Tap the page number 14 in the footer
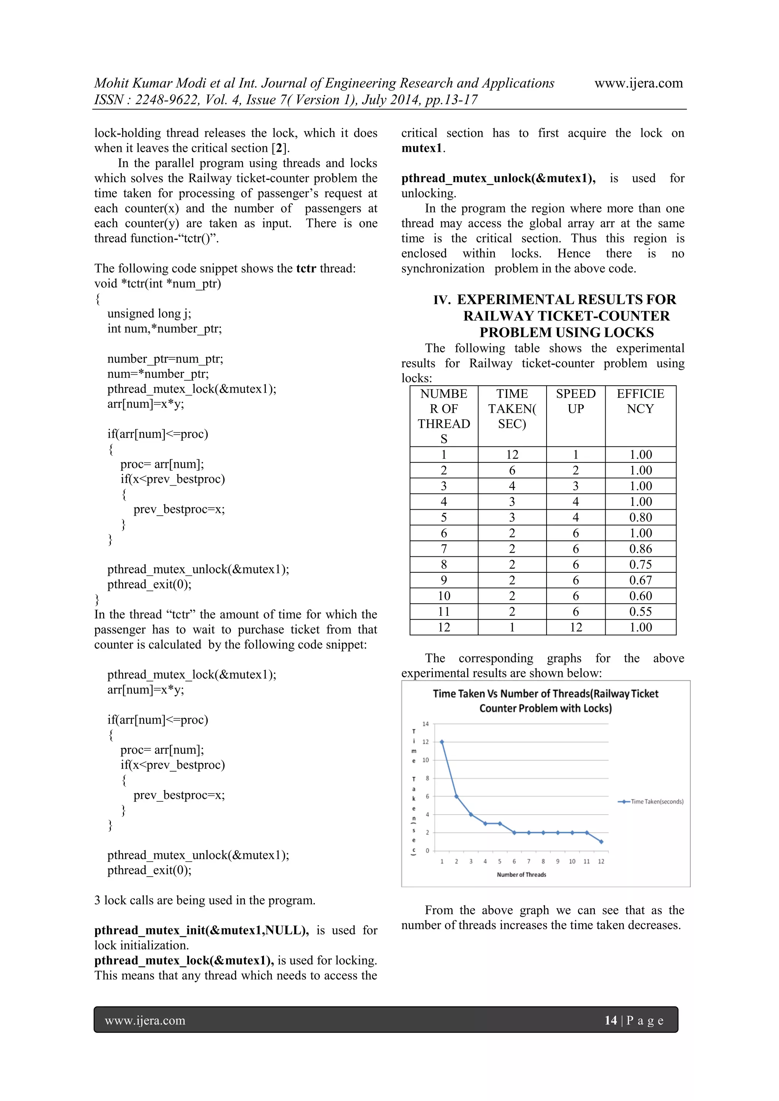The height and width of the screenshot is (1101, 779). click(610, 1020)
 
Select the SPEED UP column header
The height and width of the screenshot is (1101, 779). click(575, 401)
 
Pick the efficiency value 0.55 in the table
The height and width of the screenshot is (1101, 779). click(641, 612)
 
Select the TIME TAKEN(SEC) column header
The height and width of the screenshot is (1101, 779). click(512, 408)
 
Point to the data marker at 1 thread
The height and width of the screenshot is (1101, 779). click(442, 742)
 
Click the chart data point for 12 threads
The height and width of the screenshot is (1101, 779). click(601, 842)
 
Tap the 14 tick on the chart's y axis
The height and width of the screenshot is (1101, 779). click(426, 724)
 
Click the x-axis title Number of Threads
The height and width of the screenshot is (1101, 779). click(521, 875)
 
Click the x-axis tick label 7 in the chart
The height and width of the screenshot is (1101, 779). click(529, 861)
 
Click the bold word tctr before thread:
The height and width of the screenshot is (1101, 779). click(306, 268)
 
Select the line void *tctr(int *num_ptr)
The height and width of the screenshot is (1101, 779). click(158, 283)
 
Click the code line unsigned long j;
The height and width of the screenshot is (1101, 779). click(149, 314)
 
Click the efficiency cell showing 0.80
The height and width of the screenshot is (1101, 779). click(641, 517)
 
